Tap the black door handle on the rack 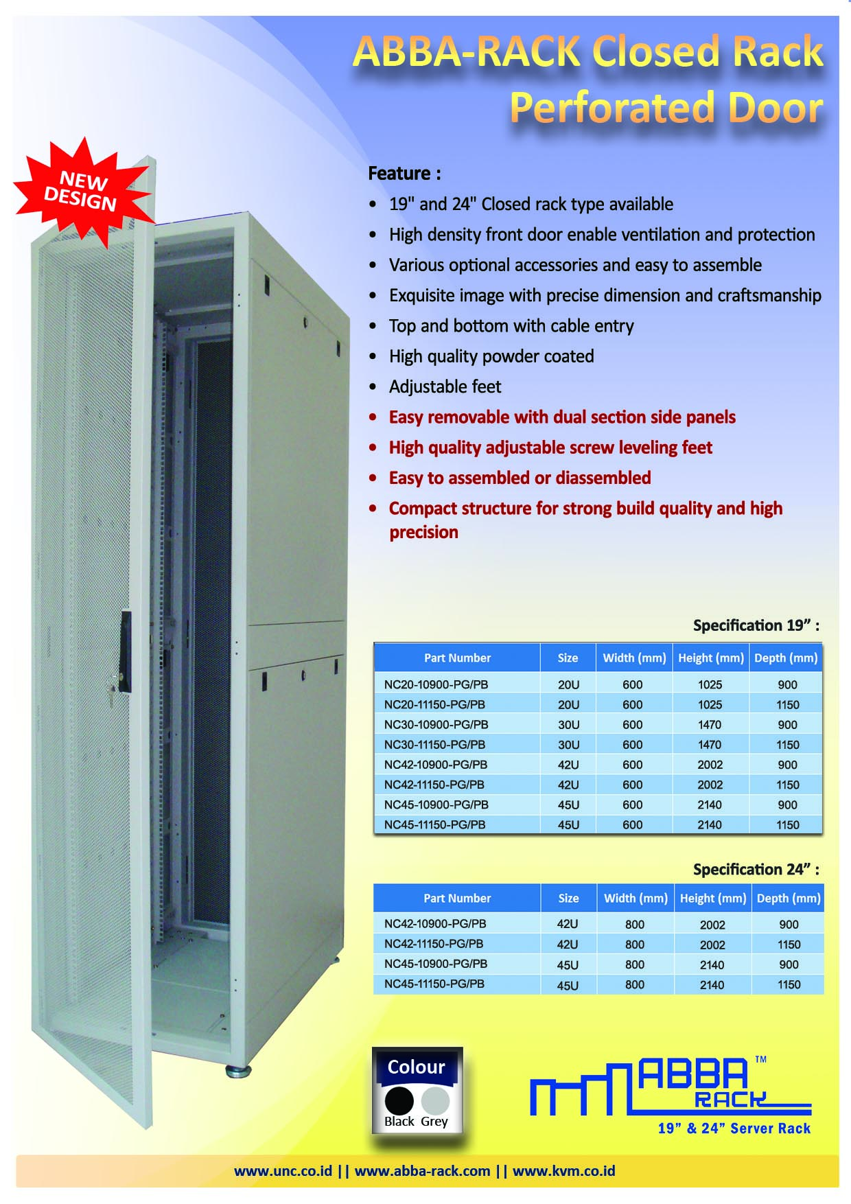(x=126, y=649)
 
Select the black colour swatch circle (x=399, y=1100)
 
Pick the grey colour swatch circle (x=435, y=1100)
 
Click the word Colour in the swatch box (x=416, y=1067)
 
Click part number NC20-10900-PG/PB (x=436, y=684)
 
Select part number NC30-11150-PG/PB (x=434, y=744)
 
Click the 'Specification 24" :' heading (x=756, y=870)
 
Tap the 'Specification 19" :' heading (x=756, y=625)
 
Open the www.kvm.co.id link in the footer (x=563, y=1171)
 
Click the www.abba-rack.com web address (x=422, y=1171)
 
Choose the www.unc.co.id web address (x=283, y=1171)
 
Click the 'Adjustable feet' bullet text (x=445, y=386)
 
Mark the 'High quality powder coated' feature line (x=491, y=356)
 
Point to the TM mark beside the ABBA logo (x=760, y=1059)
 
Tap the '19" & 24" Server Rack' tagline (x=734, y=1128)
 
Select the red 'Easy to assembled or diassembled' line (x=520, y=478)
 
